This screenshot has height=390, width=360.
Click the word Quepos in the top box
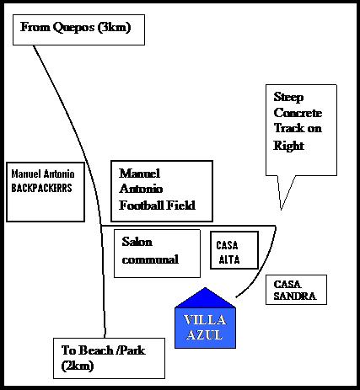pos(73,28)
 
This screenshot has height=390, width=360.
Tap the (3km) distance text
pos(114,28)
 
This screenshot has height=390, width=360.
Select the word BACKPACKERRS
pos(41,188)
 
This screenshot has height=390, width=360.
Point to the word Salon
pos(137,242)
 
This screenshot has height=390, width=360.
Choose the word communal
pos(150,259)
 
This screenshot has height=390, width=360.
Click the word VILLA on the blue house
pos(205,320)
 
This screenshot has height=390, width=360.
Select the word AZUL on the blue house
pos(204,335)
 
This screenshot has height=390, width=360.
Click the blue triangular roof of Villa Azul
pos(205,298)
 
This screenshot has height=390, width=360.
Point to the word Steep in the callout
pos(288,98)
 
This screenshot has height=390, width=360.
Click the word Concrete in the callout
pos(298,113)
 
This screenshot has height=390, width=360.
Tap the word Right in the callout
pos(288,146)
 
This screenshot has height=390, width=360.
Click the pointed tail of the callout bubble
pos(281,210)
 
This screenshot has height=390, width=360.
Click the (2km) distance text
pos(78,366)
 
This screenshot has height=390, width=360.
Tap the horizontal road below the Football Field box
pos(188,226)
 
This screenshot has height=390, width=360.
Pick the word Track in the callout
pos(288,128)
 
